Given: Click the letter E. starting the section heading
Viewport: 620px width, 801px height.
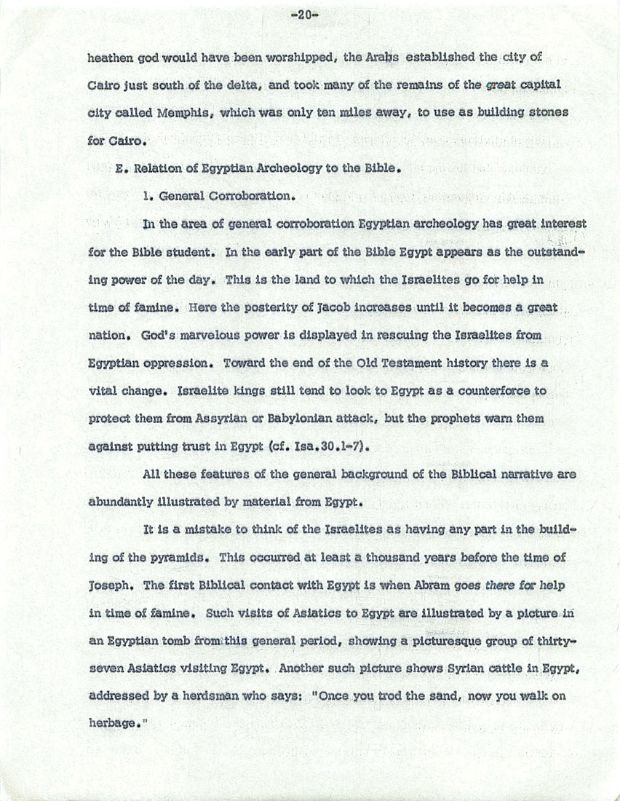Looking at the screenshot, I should coord(121,168).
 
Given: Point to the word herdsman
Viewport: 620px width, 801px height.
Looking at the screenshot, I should coord(194,695).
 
